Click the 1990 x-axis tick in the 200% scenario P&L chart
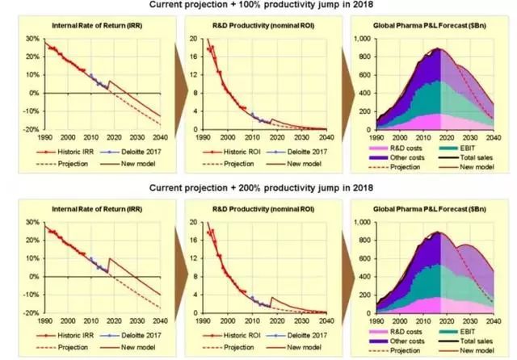[376, 320]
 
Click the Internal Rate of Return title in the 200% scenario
[101, 212]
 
